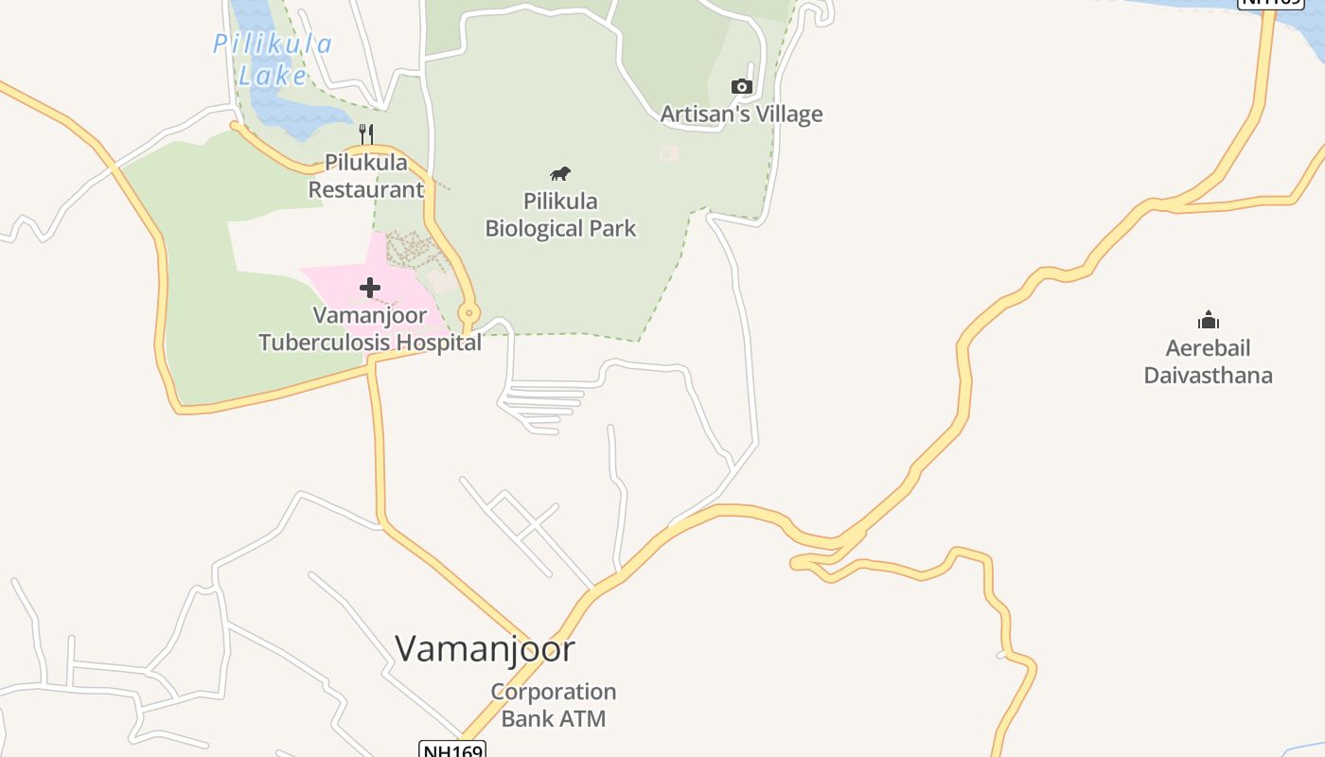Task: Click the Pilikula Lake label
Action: (272, 59)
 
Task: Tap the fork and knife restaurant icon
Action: (367, 134)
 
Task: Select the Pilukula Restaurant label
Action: (366, 176)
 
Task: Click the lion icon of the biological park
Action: (560, 173)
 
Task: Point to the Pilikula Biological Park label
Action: (560, 215)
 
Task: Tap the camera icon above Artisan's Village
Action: (742, 87)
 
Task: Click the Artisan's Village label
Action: (741, 114)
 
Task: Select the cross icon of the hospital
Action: (370, 287)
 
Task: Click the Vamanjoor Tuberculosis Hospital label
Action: (370, 328)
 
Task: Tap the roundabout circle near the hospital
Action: (468, 313)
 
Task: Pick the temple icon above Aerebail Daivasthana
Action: (1208, 320)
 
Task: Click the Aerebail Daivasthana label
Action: (1208, 361)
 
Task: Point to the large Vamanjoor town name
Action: (485, 649)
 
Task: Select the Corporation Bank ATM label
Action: (554, 705)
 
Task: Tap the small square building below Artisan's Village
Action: (669, 153)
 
